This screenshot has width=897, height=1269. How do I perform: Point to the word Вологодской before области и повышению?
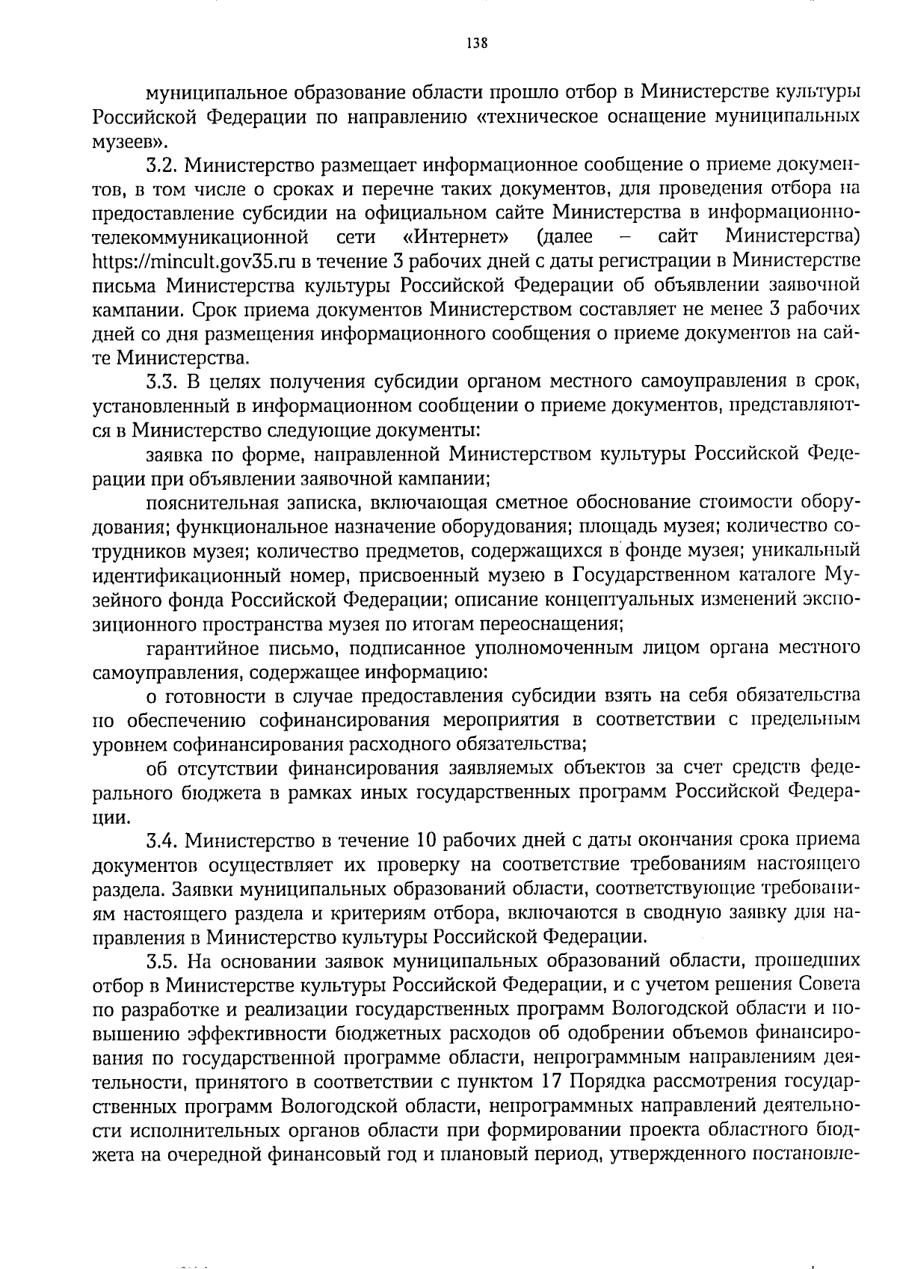657,1010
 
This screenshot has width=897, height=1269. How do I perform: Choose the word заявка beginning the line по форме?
171,455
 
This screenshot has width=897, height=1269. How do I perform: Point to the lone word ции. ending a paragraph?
108,818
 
